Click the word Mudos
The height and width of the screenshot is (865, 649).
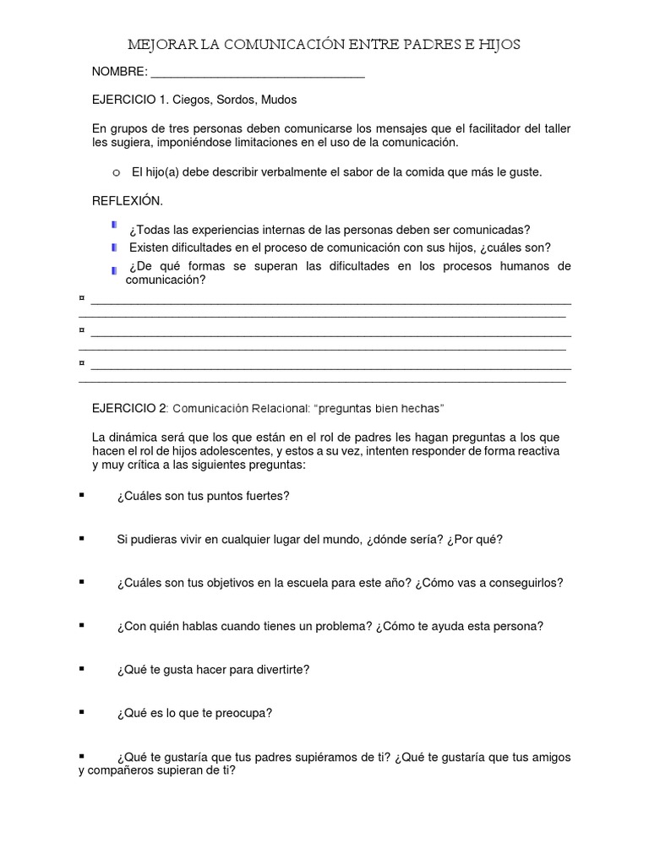pos(278,100)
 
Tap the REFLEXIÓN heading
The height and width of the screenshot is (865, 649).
pos(127,201)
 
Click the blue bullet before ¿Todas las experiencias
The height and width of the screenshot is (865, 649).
pos(114,226)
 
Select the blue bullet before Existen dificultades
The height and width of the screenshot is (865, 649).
pos(114,247)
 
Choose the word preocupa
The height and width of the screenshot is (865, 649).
pos(243,713)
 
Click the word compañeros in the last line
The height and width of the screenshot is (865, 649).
pos(123,770)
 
